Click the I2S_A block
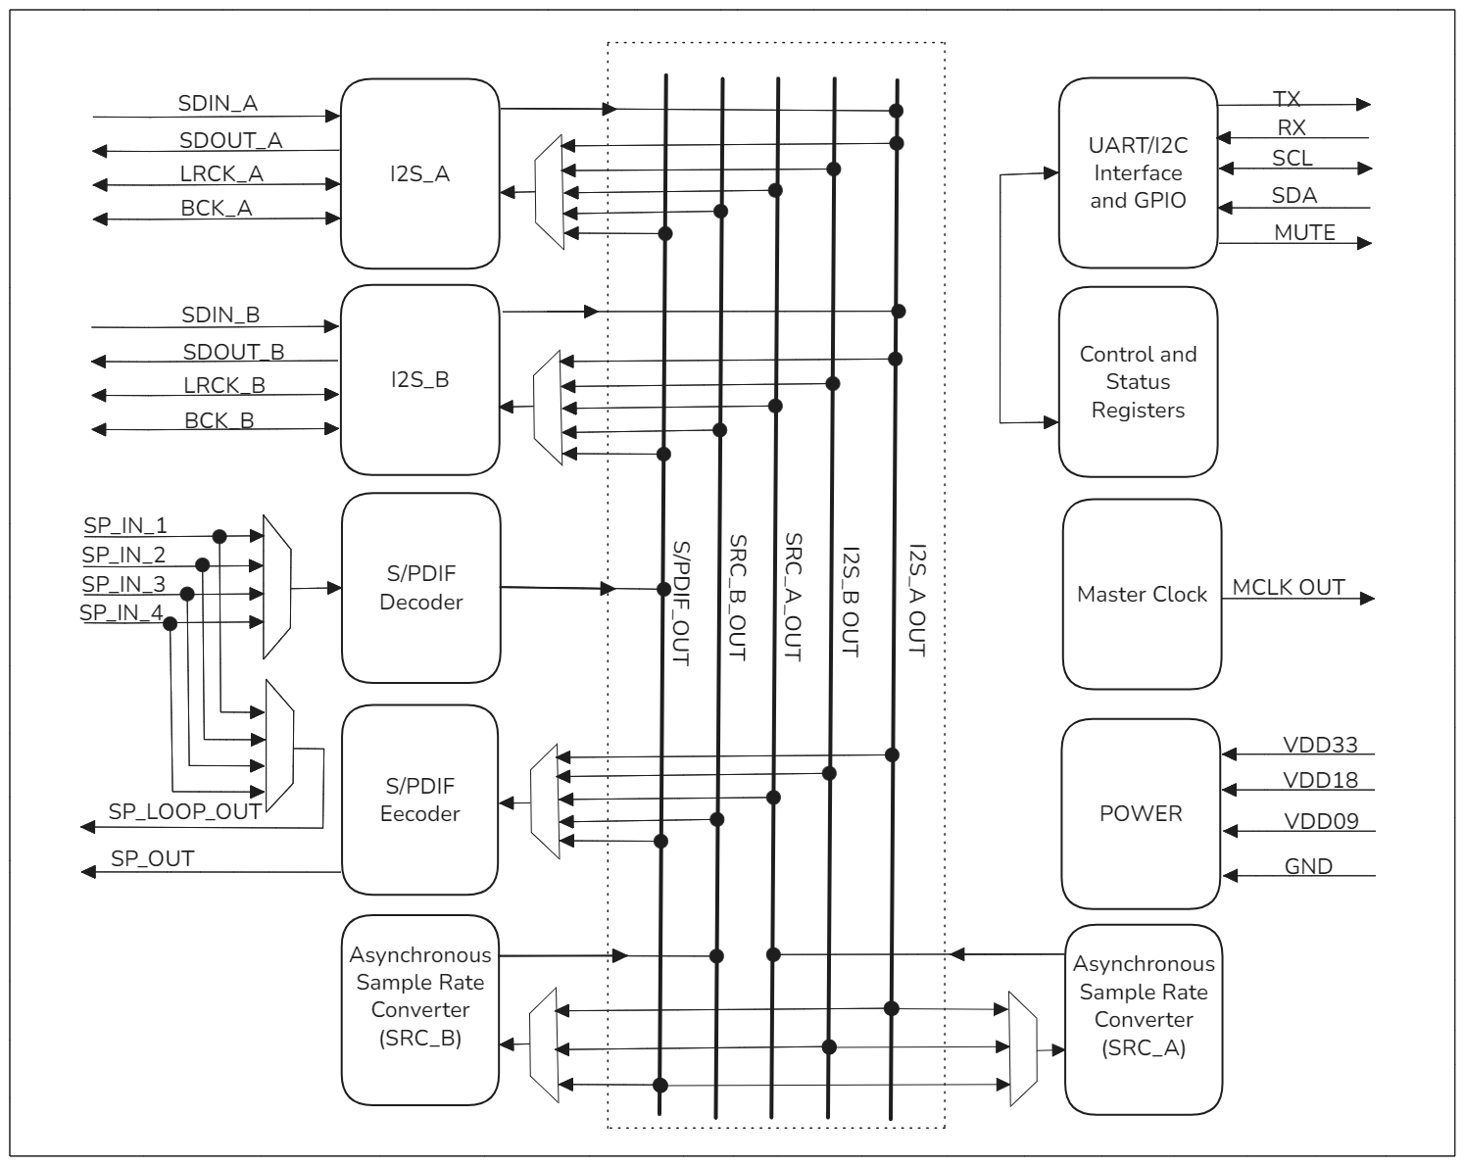(419, 173)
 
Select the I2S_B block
(419, 379)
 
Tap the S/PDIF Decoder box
(420, 588)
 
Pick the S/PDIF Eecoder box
(419, 800)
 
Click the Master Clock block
(1142, 594)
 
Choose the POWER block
(1141, 813)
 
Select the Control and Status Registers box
(1138, 382)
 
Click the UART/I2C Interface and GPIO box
(1138, 172)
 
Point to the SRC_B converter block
(419, 995)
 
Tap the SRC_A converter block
(1144, 1019)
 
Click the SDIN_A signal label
(218, 103)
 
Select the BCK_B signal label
(219, 420)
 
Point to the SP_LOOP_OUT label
(184, 811)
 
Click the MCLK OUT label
(1288, 587)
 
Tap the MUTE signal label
(1304, 232)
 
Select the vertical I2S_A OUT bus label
(916, 600)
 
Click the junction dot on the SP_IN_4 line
(170, 623)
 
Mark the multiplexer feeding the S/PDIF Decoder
(277, 588)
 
